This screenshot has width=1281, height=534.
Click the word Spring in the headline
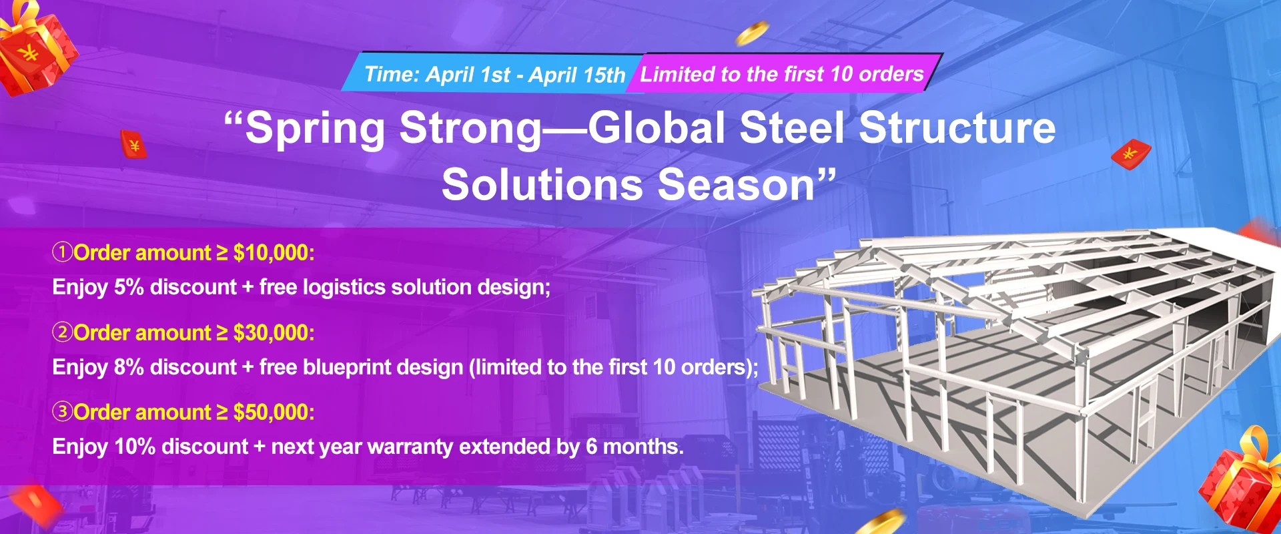(315, 129)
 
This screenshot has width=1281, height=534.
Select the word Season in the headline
(736, 184)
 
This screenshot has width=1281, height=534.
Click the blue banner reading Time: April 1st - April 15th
(494, 73)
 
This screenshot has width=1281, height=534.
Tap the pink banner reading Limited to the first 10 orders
(782, 73)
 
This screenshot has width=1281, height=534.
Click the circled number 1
(63, 252)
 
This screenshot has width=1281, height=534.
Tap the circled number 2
(63, 332)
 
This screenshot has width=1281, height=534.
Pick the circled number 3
(63, 412)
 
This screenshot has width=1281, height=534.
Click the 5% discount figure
(129, 287)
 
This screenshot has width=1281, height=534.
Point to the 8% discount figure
(129, 367)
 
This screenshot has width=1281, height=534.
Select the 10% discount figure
(135, 447)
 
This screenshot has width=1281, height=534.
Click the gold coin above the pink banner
(753, 33)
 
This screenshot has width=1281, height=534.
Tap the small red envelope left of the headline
(133, 144)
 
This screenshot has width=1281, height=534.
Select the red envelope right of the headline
(1131, 154)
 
